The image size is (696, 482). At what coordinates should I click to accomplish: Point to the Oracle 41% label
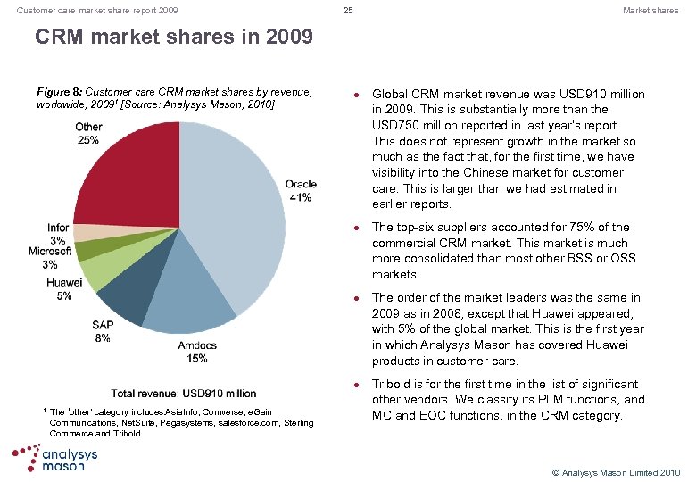[301, 191]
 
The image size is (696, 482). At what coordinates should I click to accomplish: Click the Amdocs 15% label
[197, 352]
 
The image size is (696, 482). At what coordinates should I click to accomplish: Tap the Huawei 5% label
[63, 289]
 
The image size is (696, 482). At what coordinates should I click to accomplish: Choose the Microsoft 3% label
[50, 258]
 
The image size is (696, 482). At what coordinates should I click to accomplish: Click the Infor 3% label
[58, 234]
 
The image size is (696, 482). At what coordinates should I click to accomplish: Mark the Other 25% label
[88, 133]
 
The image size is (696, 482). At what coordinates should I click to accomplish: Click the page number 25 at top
[348, 11]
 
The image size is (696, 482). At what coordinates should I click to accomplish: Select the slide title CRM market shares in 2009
[173, 37]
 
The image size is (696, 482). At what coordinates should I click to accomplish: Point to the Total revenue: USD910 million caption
[184, 394]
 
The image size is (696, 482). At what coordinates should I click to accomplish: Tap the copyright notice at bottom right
[617, 471]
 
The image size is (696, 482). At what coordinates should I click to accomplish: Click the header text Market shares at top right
[650, 11]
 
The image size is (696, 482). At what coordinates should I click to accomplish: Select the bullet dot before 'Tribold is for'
[356, 385]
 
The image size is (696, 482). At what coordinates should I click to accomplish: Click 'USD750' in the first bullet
[395, 126]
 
